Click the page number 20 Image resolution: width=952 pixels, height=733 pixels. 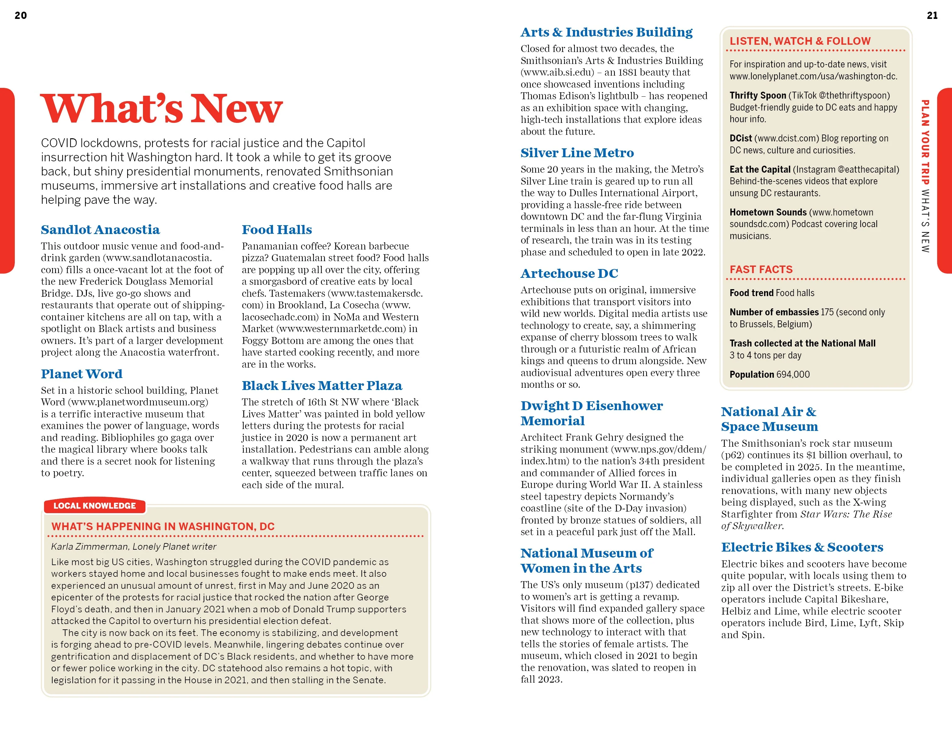tap(20, 15)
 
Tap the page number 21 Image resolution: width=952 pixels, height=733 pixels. tap(932, 15)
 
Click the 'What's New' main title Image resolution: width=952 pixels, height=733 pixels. tap(161, 109)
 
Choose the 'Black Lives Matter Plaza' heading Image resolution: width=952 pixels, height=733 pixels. tap(322, 386)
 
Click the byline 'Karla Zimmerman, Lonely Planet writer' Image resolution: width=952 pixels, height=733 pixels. tap(133, 547)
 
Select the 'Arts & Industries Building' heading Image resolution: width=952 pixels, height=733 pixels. tap(606, 32)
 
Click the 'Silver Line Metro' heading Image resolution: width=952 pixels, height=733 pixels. tap(577, 153)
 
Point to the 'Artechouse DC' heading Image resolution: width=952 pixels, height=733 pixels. tap(569, 273)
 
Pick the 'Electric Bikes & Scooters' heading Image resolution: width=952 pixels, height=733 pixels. tap(802, 547)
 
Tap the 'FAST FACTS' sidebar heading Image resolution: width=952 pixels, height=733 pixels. tap(761, 269)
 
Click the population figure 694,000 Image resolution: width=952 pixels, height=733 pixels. tap(792, 375)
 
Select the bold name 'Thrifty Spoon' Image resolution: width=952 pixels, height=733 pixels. tap(757, 95)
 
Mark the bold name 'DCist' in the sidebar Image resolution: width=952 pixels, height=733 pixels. tap(740, 138)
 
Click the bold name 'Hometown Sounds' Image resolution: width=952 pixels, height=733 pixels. tap(768, 212)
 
